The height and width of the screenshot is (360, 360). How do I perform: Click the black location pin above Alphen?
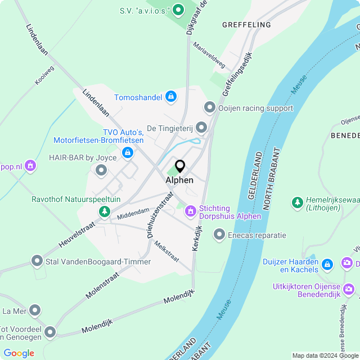coord(180,166)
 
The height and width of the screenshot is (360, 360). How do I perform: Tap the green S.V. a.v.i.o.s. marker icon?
coord(178,10)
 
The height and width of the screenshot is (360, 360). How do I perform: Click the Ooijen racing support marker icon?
coord(210,107)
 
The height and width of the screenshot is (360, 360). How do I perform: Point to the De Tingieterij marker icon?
coord(201,127)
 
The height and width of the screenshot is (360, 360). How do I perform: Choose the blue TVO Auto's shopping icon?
coord(128,152)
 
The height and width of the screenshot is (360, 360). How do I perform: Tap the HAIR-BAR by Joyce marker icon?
coord(101,170)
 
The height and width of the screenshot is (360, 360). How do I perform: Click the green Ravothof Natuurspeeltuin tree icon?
coord(104,211)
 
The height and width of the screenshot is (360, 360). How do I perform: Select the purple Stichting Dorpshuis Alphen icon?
coord(191,211)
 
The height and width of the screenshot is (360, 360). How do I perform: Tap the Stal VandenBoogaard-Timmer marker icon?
coord(37,261)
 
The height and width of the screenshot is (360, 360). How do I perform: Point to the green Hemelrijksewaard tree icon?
coord(296,202)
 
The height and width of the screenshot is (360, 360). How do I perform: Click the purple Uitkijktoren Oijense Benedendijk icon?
coord(349,289)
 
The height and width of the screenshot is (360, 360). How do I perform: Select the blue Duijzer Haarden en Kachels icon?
coord(329,263)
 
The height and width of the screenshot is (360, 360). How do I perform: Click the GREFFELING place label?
coord(246,25)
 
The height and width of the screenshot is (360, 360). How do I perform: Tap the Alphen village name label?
coord(179,180)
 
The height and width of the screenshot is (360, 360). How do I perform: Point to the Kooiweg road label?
coord(44,75)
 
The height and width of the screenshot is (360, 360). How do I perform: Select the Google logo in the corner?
coord(19,353)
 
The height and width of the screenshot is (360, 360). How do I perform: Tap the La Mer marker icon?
coord(35,310)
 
